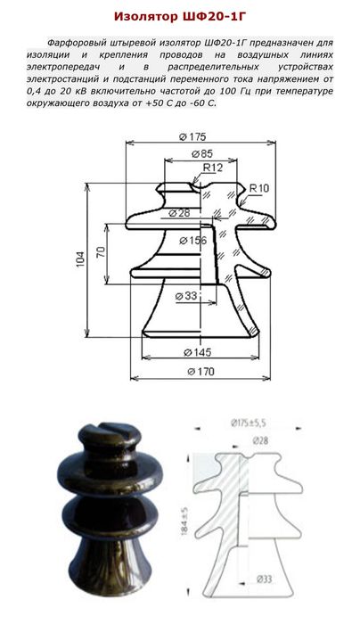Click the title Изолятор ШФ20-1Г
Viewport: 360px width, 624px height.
tap(183, 16)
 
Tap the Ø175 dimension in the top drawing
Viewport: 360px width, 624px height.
tap(192, 137)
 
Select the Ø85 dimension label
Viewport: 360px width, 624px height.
tap(202, 153)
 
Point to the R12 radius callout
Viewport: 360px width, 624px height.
tap(213, 168)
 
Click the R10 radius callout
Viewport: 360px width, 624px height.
tap(259, 188)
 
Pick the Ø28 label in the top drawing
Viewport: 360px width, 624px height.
tap(179, 213)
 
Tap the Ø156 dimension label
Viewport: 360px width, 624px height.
tap(193, 241)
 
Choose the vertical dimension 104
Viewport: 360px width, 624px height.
tap(81, 259)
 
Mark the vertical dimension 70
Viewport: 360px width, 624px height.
tap(101, 252)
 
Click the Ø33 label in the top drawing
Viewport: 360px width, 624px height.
tap(186, 296)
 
